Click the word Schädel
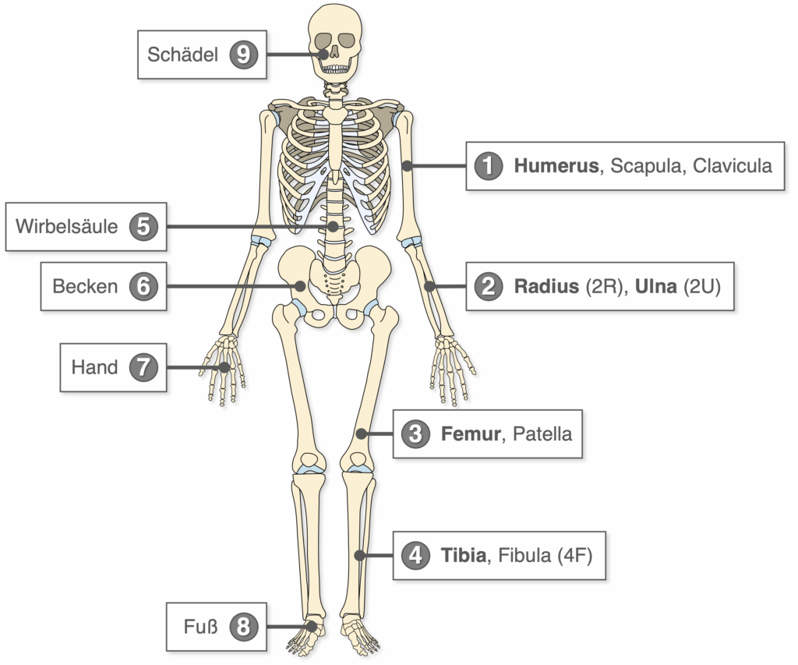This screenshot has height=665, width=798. click(182, 55)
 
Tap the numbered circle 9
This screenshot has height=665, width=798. click(243, 55)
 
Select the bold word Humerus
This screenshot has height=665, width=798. click(556, 166)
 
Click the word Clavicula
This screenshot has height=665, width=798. click(733, 166)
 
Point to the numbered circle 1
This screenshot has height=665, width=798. click(489, 166)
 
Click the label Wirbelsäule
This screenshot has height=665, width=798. click(67, 227)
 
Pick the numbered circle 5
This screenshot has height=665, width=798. click(143, 227)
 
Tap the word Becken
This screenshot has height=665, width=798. click(85, 287)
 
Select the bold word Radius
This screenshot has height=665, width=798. click(546, 287)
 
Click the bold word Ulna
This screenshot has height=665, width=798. click(656, 287)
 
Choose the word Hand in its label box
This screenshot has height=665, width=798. click(94, 367)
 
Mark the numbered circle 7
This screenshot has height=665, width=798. click(143, 367)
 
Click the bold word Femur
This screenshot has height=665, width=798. click(471, 433)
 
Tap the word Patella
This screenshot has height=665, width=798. click(542, 433)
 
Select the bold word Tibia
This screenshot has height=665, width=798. click(463, 555)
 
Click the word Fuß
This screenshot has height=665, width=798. click(200, 627)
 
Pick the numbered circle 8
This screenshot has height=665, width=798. click(243, 627)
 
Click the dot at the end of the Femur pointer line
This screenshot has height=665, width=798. click(362, 433)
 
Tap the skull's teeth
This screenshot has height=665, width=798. click(335, 69)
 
